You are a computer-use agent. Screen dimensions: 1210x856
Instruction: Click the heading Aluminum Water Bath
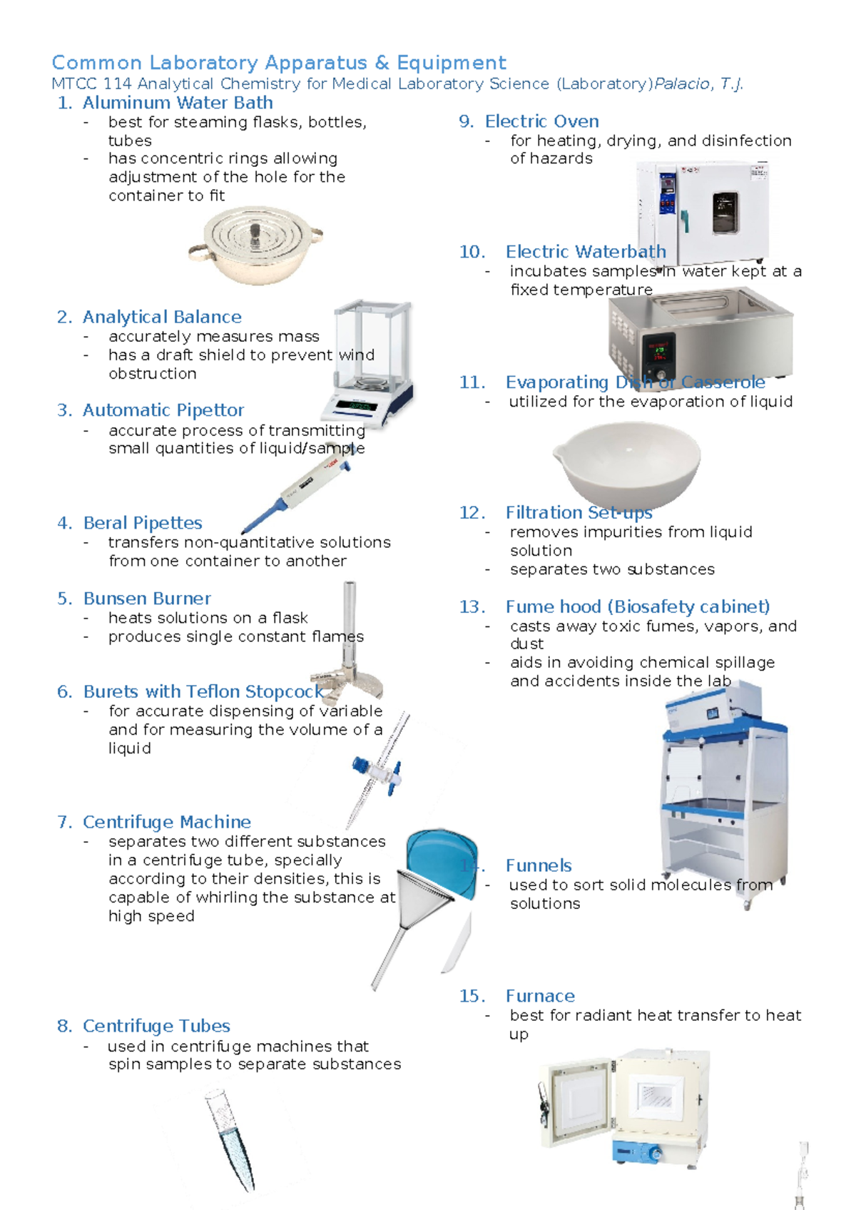pyautogui.click(x=178, y=103)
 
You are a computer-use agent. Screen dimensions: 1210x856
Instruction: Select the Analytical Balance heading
pyautogui.click(x=162, y=317)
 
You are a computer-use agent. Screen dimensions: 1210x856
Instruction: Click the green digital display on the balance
pyautogui.click(x=355, y=406)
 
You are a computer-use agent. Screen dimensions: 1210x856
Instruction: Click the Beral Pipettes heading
pyautogui.click(x=143, y=523)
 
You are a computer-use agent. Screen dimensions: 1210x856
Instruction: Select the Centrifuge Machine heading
pyautogui.click(x=167, y=822)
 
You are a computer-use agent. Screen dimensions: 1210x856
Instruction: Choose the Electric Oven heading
pyautogui.click(x=541, y=121)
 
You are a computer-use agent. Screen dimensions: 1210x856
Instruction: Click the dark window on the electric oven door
pyautogui.click(x=725, y=213)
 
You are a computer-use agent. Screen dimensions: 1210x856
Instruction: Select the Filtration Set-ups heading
pyautogui.click(x=579, y=513)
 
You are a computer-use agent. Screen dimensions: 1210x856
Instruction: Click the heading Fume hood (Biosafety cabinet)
pyautogui.click(x=638, y=607)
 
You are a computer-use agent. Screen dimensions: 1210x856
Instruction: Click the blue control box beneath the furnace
pyautogui.click(x=639, y=1151)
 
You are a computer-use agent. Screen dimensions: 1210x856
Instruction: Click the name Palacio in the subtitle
pyautogui.click(x=682, y=84)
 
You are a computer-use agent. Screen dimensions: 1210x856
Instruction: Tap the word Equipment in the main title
pyautogui.click(x=452, y=63)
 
